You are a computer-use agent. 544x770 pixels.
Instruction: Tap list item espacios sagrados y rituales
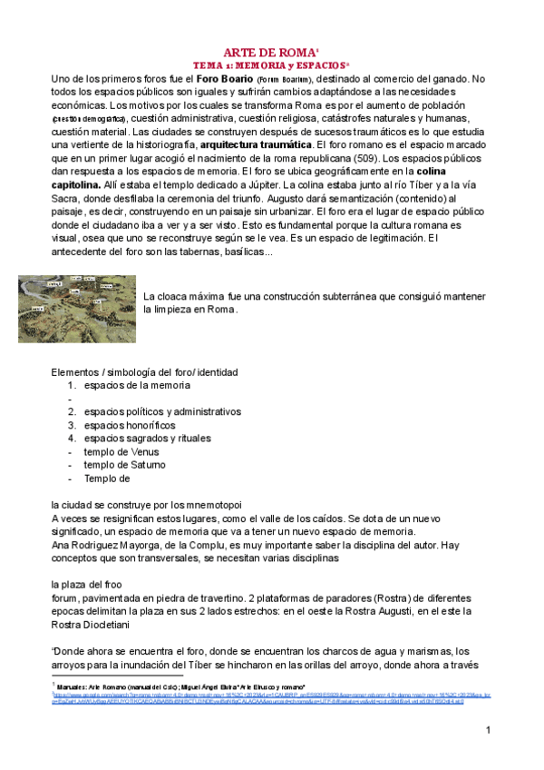[149, 438]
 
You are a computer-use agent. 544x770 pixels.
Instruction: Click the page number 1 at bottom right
[488, 730]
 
